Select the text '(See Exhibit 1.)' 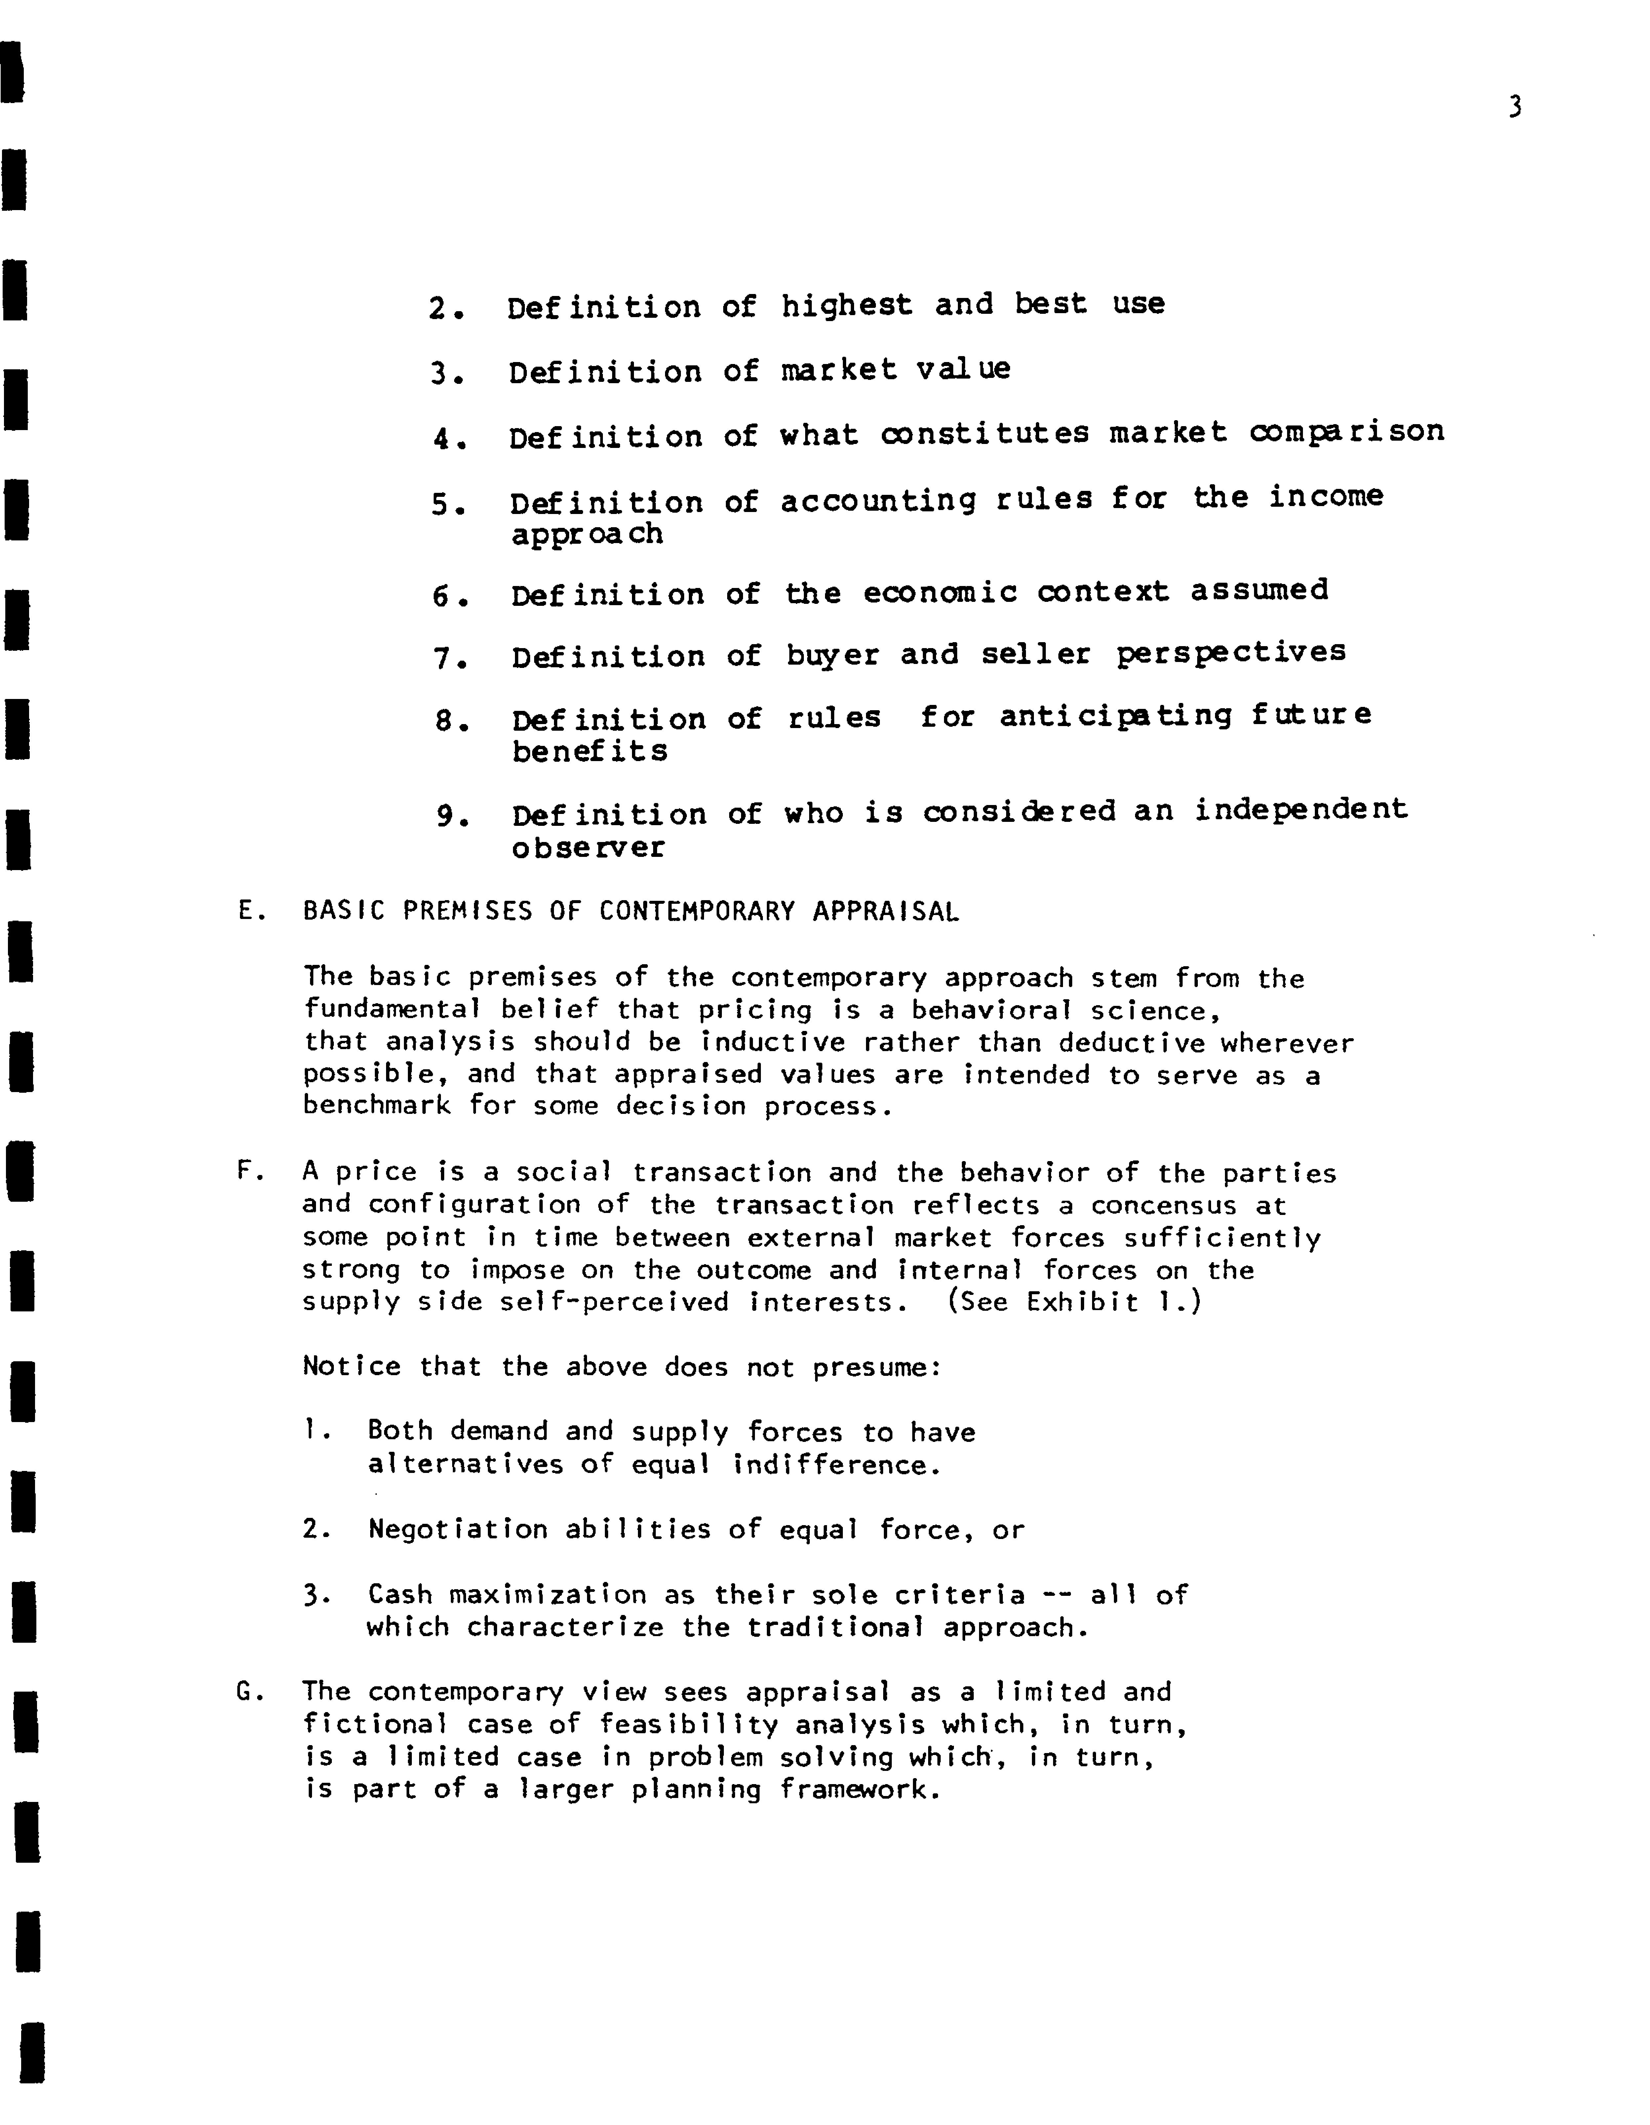1074,1302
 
